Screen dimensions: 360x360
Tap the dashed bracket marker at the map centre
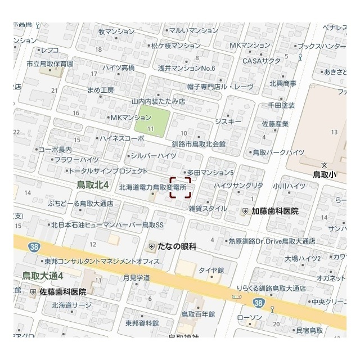point(181,188)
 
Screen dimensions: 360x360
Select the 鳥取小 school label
point(325,174)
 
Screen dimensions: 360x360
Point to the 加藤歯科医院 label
point(275,211)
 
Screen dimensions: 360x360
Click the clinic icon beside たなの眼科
point(152,246)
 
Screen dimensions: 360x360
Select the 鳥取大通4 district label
point(43,276)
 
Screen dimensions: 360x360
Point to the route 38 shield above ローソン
point(258,303)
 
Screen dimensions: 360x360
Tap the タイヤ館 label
point(211,270)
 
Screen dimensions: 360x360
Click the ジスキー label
point(228,121)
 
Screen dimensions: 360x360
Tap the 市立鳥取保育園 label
point(50,64)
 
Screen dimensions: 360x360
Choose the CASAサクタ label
point(261,61)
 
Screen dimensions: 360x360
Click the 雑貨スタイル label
point(208,208)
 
